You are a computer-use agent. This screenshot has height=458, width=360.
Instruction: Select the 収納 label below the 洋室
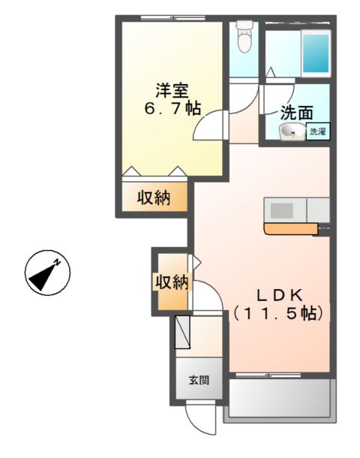[x=153, y=198]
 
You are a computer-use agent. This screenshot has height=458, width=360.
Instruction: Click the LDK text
[x=280, y=294]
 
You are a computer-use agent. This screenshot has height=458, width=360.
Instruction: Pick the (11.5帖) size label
[x=280, y=313]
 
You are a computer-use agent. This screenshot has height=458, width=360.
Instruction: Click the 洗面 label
[x=296, y=113]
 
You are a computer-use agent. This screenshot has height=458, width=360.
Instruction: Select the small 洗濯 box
[x=318, y=132]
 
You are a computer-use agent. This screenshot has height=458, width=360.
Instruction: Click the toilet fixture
[x=244, y=36]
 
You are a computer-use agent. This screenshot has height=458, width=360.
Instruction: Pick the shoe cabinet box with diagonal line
[x=183, y=332]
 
